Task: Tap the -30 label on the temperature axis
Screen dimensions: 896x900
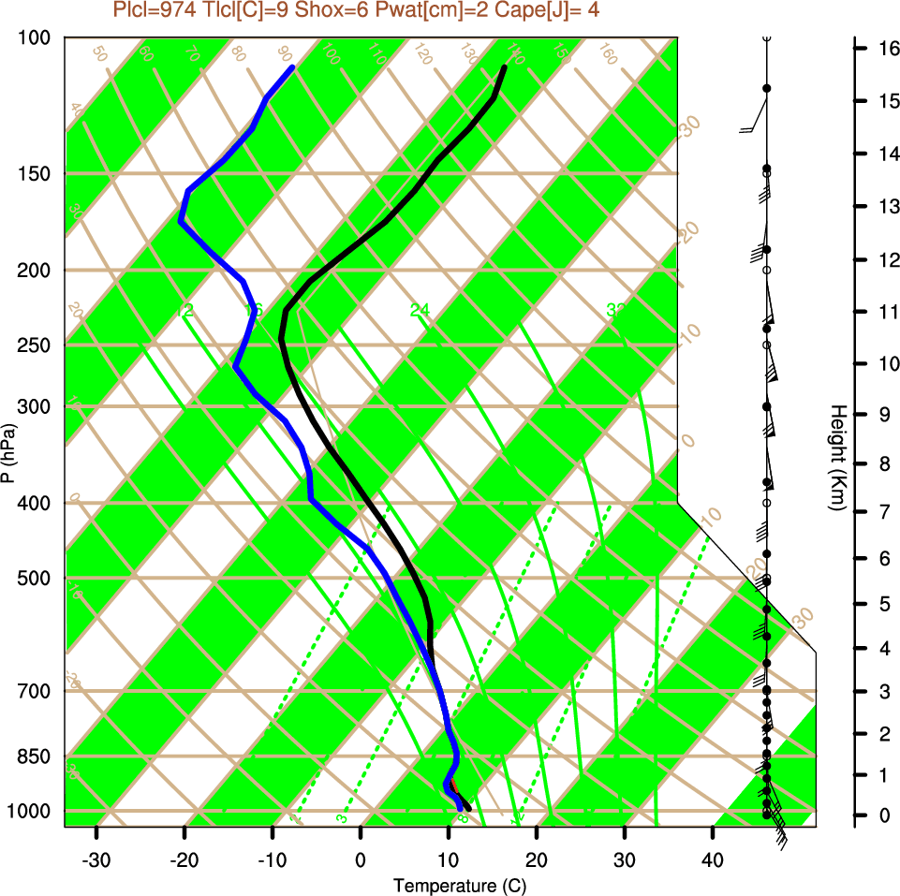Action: [x=96, y=859]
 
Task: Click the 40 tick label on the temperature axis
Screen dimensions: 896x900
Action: [x=713, y=859]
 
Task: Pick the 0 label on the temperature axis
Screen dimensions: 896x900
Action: [x=361, y=859]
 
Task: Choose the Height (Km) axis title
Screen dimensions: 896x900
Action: [x=838, y=457]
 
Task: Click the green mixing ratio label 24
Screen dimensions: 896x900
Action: [x=419, y=310]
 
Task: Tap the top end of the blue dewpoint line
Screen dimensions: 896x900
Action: [x=292, y=67]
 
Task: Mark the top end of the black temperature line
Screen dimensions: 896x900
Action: [x=504, y=67]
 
